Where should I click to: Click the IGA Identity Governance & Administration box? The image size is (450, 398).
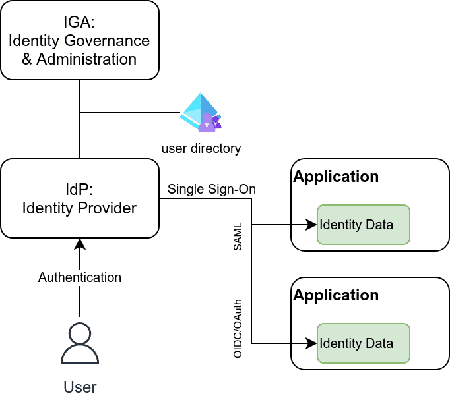click(80, 40)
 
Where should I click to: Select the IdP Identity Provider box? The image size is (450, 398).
click(80, 198)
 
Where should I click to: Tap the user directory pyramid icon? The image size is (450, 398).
click(201, 112)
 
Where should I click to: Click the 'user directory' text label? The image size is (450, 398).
click(201, 149)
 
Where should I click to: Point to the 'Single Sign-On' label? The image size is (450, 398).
click(212, 189)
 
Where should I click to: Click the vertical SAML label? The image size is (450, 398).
click(238, 237)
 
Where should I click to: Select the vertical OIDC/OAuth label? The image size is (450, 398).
click(238, 329)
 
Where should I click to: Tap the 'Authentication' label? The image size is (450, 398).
click(80, 277)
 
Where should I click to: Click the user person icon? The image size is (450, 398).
click(80, 343)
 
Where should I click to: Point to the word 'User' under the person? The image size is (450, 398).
click(80, 387)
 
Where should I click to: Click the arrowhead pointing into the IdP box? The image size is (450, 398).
click(80, 244)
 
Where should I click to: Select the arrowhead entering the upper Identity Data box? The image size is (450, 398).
click(311, 225)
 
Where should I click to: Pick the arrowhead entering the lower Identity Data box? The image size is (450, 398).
click(311, 343)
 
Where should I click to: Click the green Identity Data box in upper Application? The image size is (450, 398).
click(364, 225)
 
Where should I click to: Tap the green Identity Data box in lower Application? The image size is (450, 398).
click(364, 343)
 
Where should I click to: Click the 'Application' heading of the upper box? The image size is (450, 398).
click(336, 177)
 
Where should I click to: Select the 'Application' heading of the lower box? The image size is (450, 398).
click(336, 295)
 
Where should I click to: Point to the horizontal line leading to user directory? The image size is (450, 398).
click(130, 112)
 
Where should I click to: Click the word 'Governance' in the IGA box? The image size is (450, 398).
click(107, 40)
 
